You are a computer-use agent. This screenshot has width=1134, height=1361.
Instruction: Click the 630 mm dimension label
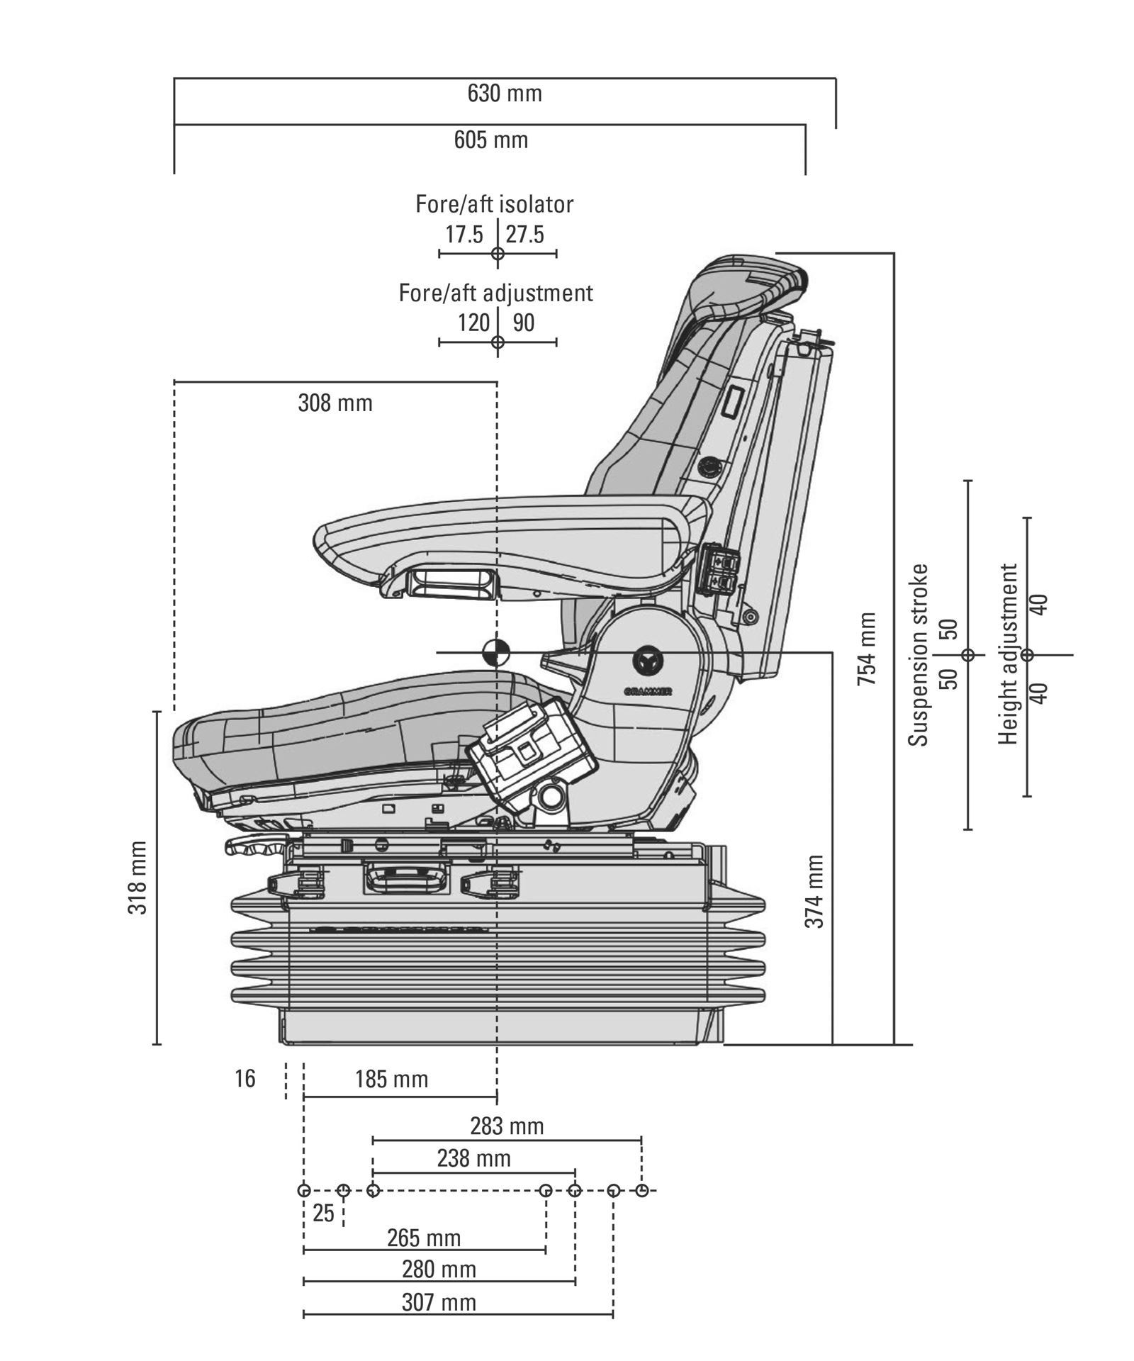point(505,94)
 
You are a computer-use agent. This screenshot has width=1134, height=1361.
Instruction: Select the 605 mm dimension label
point(491,140)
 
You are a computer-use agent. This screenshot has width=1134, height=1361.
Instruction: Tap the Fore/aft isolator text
point(495,204)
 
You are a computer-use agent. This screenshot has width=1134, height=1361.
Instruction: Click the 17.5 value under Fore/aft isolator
point(464,235)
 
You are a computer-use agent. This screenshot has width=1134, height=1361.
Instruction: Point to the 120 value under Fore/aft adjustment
point(473,323)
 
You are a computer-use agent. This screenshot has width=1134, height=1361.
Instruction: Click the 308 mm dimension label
point(335,403)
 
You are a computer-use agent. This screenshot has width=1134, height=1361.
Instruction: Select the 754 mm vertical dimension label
point(867,649)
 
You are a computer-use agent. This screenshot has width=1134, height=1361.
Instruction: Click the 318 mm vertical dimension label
point(137,878)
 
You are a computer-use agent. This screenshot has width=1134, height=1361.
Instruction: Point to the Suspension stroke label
point(919,654)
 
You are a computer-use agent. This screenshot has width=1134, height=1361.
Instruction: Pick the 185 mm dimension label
point(392,1079)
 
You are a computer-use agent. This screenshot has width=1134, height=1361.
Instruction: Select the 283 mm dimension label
point(507,1126)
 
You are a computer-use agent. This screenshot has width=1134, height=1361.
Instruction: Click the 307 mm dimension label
point(439,1302)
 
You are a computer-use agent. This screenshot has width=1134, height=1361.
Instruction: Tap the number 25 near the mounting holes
point(323,1214)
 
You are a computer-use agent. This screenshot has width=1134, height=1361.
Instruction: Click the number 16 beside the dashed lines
point(245,1079)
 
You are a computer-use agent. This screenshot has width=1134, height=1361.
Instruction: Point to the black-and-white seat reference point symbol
point(496,652)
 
